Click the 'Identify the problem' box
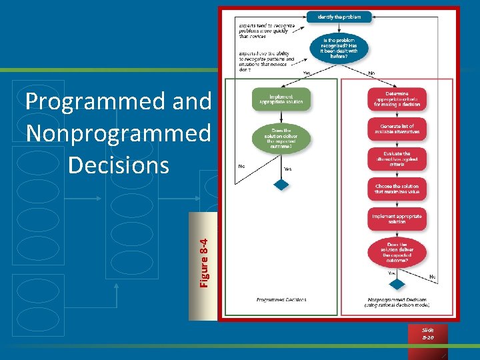coord(339,17)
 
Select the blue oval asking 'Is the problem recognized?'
coord(338,49)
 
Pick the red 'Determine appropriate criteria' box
coord(397,99)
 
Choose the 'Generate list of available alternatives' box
coord(397,129)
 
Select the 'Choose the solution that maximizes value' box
coord(397,189)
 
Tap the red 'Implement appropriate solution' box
coord(397,219)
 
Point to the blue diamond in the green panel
coord(281,184)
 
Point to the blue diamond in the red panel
coord(397,285)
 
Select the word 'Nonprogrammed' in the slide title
coord(117,133)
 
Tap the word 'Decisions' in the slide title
coord(118,164)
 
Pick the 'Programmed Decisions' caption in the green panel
coord(281,300)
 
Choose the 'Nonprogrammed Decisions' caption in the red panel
coord(397,302)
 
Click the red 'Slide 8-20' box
coord(427,334)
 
